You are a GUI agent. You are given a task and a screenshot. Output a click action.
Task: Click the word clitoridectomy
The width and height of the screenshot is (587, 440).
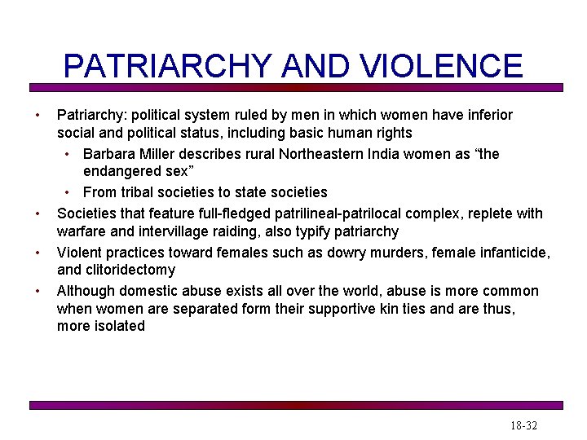129,270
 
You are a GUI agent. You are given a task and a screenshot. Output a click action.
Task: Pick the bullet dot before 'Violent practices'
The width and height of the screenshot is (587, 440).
38,253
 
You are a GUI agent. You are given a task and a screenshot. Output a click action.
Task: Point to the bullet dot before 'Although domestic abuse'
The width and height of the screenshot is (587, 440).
38,292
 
